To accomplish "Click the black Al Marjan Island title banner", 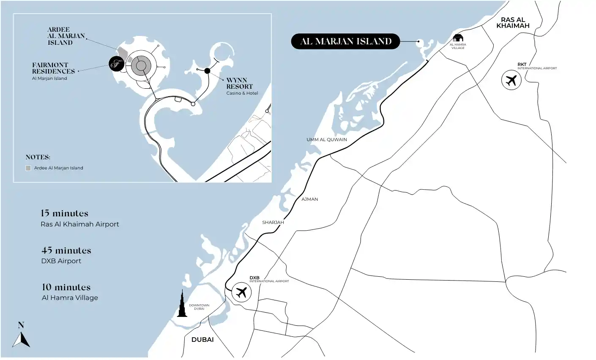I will pos(345,41).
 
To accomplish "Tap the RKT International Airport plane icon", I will pos(511,80).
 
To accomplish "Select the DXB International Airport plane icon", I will pos(241,292).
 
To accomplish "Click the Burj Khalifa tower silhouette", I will pos(182,304).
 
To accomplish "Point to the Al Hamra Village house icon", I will pos(458,38).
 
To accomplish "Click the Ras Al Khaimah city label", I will pos(513,23).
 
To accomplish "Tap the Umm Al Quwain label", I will pos(327,140).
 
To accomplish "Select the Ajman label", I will pos(310,199).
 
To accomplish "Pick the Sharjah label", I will pos(273,222).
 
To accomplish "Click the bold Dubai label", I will pos(202,340).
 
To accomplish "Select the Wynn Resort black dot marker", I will pos(207,71).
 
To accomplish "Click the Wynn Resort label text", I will pos(240,83).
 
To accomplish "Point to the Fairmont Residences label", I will pos(53,68).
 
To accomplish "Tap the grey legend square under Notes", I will pos(28,168).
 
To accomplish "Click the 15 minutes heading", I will pos(65,213).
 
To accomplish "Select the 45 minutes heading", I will pos(66,251).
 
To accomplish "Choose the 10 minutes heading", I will pos(66,287).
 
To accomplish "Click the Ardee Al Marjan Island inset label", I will pos(66,36).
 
